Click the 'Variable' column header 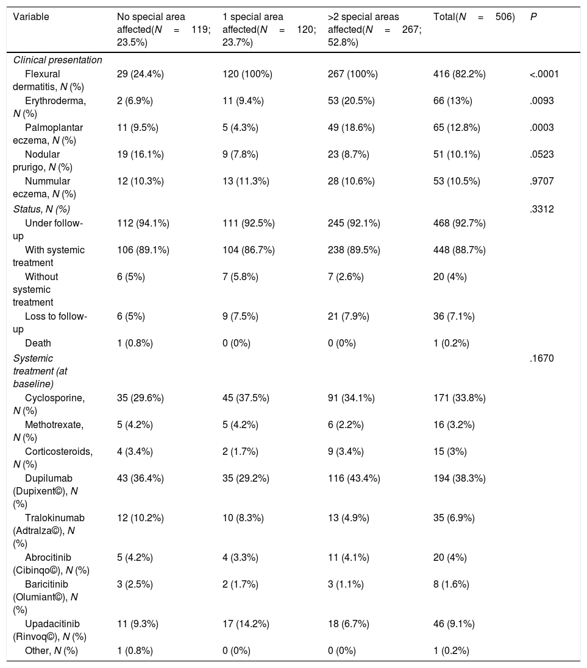[x=30, y=17]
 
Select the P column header [x=533, y=17]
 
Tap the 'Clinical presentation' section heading [x=57, y=60]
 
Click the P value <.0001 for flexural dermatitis [x=544, y=74]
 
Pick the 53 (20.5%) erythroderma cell [x=351, y=101]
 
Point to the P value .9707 [x=542, y=181]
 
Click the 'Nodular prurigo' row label [x=43, y=161]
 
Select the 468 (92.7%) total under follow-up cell [x=460, y=223]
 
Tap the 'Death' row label [x=38, y=343]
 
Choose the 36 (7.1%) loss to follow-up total [x=454, y=317]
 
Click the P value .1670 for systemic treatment [x=542, y=358]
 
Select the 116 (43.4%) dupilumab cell [x=354, y=479]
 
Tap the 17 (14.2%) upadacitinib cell [x=246, y=624]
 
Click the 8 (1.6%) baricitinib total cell [x=451, y=585]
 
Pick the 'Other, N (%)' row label [x=51, y=651]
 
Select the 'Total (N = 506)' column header [x=474, y=17]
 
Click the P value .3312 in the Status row [x=542, y=209]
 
